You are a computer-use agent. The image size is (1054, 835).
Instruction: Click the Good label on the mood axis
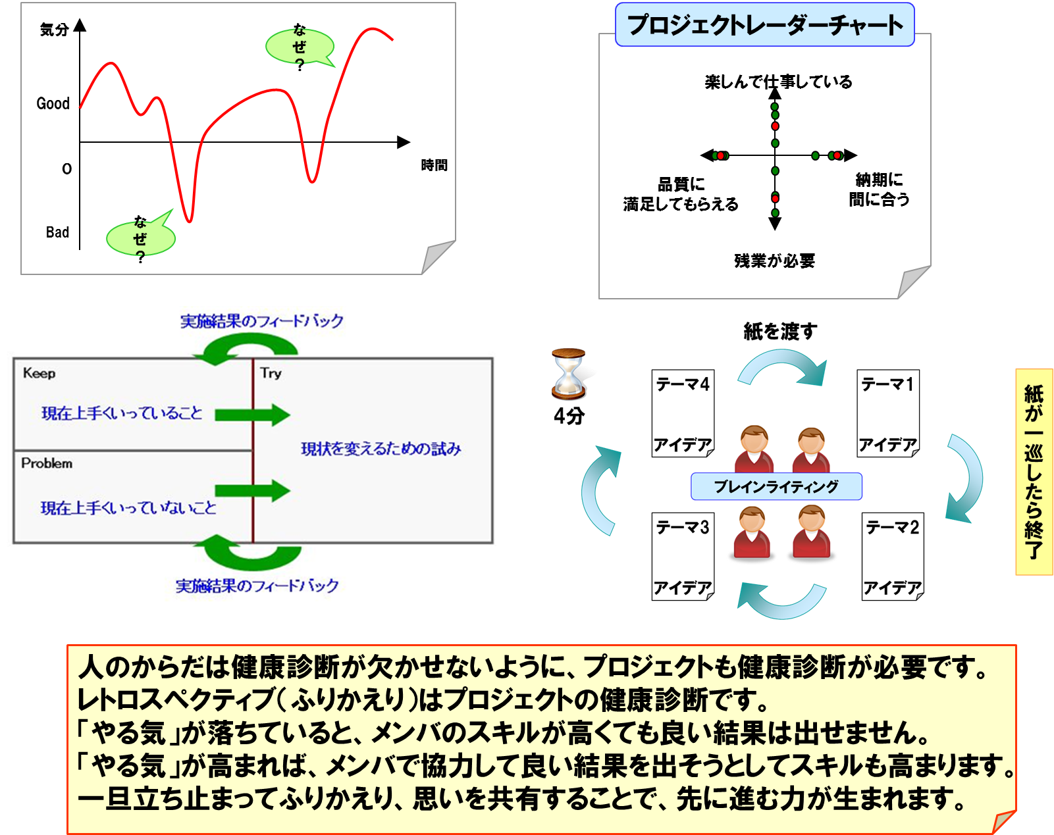click(53, 103)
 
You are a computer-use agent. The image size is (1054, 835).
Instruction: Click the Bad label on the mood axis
click(57, 232)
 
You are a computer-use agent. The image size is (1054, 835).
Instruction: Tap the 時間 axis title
click(434, 165)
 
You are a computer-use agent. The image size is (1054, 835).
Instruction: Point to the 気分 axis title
click(54, 30)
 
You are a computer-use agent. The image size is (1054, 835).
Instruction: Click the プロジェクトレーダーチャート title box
click(764, 24)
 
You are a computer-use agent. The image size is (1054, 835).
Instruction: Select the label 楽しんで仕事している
click(778, 82)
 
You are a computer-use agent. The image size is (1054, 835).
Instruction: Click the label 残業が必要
click(774, 261)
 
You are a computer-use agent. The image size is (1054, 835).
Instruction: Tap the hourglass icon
click(568, 374)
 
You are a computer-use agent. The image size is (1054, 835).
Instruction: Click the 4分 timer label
click(569, 416)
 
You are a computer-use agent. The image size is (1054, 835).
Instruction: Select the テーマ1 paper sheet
click(888, 413)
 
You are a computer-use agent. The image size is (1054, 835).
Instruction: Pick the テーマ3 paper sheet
click(683, 556)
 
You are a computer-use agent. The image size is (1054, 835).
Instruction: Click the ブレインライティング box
click(776, 486)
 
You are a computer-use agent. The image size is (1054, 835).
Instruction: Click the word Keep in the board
click(40, 374)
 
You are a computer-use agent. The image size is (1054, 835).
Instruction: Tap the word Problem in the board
click(47, 463)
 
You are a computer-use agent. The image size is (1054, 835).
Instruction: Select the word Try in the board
click(271, 374)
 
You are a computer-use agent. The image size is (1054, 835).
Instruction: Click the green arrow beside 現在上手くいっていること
click(252, 415)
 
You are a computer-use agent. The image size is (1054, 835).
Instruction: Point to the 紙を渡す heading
click(780, 332)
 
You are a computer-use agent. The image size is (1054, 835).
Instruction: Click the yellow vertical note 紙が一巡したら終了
click(1034, 472)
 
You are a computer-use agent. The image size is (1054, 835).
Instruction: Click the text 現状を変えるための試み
click(381, 449)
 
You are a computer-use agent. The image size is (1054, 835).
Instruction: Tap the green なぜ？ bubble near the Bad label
click(141, 238)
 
